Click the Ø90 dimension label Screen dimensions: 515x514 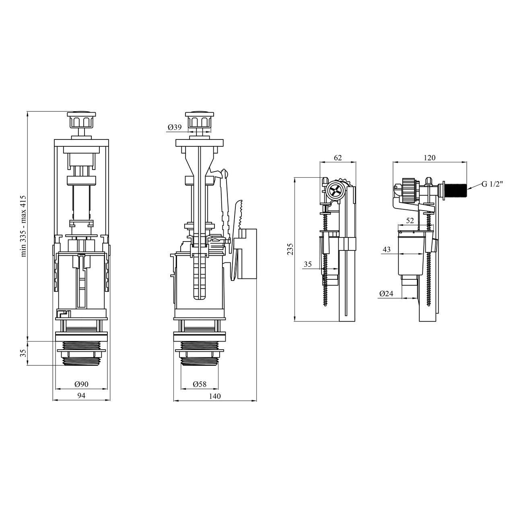click(x=81, y=384)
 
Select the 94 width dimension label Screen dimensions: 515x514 click(x=81, y=395)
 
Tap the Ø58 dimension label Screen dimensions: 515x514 click(x=200, y=384)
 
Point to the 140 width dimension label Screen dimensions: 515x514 click(x=215, y=396)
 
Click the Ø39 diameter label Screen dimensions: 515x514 click(x=175, y=127)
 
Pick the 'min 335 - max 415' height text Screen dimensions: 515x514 click(x=23, y=226)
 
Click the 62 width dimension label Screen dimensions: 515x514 click(x=338, y=158)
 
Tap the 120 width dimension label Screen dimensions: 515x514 click(x=429, y=158)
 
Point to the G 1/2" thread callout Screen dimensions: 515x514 click(x=492, y=184)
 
